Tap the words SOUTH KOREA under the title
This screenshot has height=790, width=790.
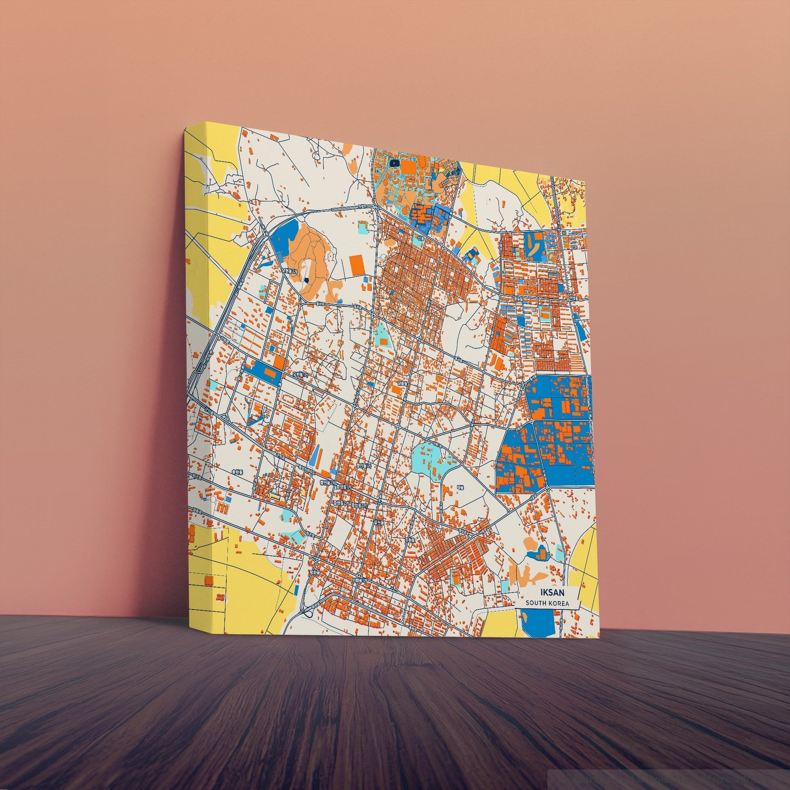[x=547, y=603]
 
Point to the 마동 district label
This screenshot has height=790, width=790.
[x=459, y=488]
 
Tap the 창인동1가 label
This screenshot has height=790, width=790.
[x=363, y=466]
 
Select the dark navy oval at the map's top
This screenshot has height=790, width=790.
[x=395, y=163]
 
